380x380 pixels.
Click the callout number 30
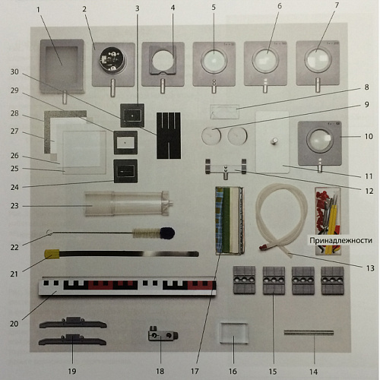(x=14, y=71)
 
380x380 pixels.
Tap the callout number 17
(x=195, y=372)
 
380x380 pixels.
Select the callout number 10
(x=369, y=136)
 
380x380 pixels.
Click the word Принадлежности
(x=340, y=240)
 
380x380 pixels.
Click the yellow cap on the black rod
(x=52, y=254)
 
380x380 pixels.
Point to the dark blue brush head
(x=167, y=233)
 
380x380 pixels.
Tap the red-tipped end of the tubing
(x=264, y=246)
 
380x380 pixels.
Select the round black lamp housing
(x=112, y=59)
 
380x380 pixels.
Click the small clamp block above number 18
(x=163, y=334)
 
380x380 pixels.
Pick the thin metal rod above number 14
(x=309, y=333)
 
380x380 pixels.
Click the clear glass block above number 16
(x=233, y=333)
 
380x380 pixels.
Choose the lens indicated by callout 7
(x=318, y=59)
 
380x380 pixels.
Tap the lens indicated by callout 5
(x=214, y=61)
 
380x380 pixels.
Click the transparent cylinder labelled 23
(x=128, y=204)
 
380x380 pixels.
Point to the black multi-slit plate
(x=169, y=135)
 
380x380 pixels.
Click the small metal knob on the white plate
(x=274, y=141)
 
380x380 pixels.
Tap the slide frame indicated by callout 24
(x=125, y=171)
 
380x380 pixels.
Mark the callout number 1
(x=38, y=10)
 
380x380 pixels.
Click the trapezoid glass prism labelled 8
(x=225, y=112)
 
